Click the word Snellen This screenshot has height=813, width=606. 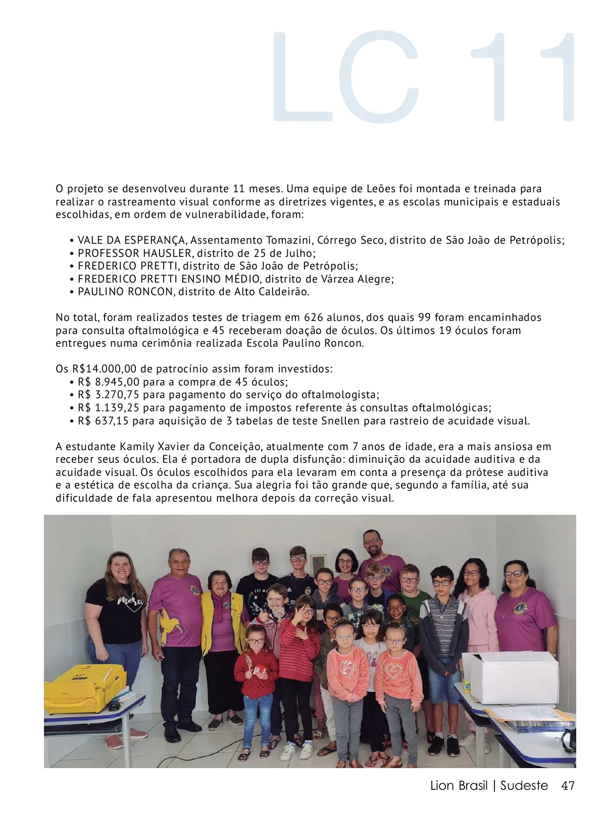tap(341, 421)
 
